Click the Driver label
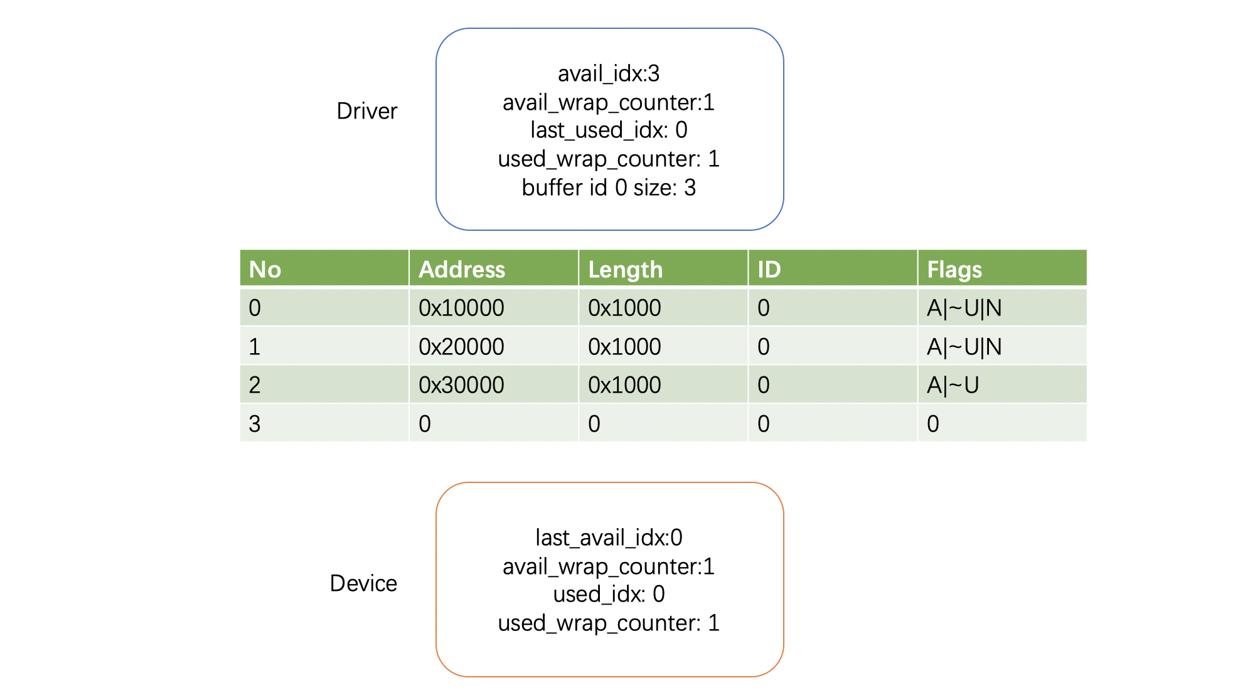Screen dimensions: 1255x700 tap(367, 111)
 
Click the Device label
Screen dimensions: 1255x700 tap(363, 583)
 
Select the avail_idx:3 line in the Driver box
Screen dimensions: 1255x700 tap(609, 74)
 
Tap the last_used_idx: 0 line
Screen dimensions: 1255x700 tap(609, 130)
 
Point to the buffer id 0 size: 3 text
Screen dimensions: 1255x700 tap(609, 188)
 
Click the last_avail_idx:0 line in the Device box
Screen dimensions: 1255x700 tap(609, 538)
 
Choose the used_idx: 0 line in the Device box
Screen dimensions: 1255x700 tap(609, 594)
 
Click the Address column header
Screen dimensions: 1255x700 tap(462, 270)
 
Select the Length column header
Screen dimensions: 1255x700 tap(626, 270)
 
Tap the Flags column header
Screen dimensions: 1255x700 tap(954, 270)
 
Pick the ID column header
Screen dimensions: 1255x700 tap(769, 270)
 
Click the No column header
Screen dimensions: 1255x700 tap(265, 270)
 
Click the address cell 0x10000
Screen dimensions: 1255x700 tap(461, 308)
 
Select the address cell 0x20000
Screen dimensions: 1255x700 tap(461, 347)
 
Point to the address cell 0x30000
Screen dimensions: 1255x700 tap(461, 385)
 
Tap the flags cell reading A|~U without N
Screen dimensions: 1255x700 tap(953, 385)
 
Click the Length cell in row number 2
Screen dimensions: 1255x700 tap(624, 385)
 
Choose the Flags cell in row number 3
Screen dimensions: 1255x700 tap(933, 424)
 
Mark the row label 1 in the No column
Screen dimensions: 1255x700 tap(254, 347)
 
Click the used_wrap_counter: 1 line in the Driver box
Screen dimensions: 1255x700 tap(609, 159)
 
